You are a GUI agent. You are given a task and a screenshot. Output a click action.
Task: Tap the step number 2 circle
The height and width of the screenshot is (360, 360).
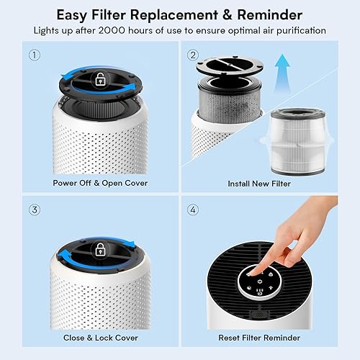[193, 55]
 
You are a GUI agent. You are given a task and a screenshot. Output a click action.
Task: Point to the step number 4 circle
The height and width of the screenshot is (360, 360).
[193, 210]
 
